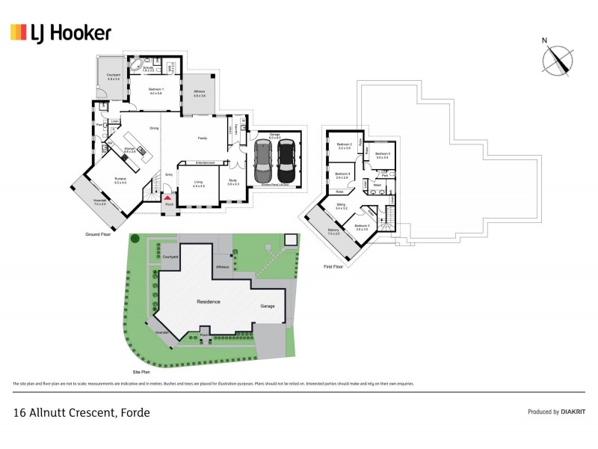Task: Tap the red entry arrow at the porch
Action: click(x=169, y=197)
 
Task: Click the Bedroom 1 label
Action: click(x=155, y=91)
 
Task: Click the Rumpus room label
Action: click(x=120, y=179)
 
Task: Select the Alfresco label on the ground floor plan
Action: click(x=200, y=94)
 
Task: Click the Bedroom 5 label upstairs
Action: click(x=383, y=155)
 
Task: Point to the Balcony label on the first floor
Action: click(x=333, y=231)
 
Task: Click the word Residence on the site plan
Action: click(x=208, y=302)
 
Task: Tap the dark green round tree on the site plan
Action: click(x=135, y=239)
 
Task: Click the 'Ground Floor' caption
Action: click(x=99, y=234)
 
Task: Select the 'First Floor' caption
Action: click(x=333, y=266)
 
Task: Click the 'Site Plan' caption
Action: click(x=142, y=370)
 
